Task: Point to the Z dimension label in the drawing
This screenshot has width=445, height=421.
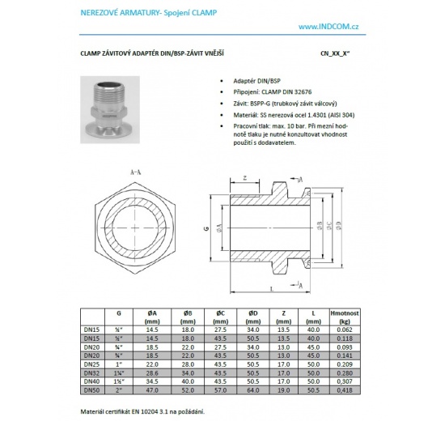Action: click(244, 179)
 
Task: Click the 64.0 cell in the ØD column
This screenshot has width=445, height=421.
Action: click(252, 390)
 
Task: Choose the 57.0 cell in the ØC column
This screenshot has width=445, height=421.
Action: click(219, 390)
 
